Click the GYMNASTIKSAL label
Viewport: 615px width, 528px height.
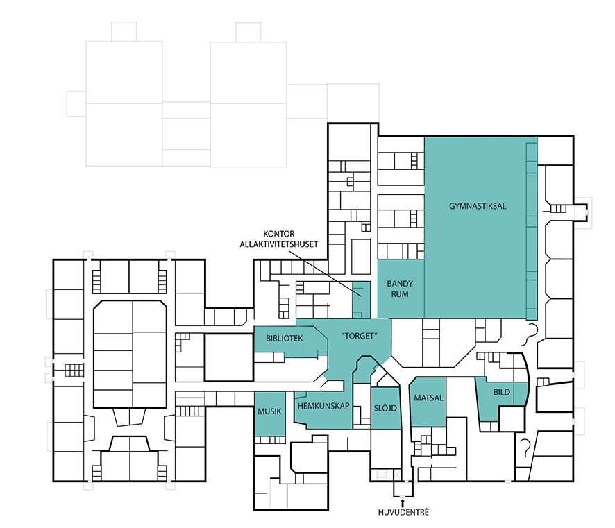click(x=478, y=206)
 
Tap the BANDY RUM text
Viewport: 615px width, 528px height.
click(x=400, y=289)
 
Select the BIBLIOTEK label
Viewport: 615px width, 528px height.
click(x=285, y=338)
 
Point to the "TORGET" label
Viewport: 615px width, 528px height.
click(x=360, y=336)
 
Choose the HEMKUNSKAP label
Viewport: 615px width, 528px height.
click(x=323, y=406)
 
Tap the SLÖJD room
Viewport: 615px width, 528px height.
click(x=385, y=409)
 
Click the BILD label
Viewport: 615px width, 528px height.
click(x=502, y=392)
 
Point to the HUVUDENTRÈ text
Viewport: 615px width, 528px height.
click(x=403, y=512)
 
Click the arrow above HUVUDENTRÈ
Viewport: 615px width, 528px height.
click(x=403, y=502)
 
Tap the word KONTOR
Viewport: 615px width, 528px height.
click(x=279, y=234)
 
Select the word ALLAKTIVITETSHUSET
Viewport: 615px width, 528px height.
click(x=279, y=244)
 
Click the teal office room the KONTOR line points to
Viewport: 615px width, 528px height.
click(x=361, y=300)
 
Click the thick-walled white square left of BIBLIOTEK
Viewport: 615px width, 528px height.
click(x=229, y=357)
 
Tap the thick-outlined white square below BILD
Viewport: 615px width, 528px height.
click(x=512, y=419)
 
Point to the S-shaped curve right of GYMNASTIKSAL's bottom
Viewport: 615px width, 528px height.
click(x=529, y=334)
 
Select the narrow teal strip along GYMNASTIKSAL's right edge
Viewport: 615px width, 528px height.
click(x=532, y=231)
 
